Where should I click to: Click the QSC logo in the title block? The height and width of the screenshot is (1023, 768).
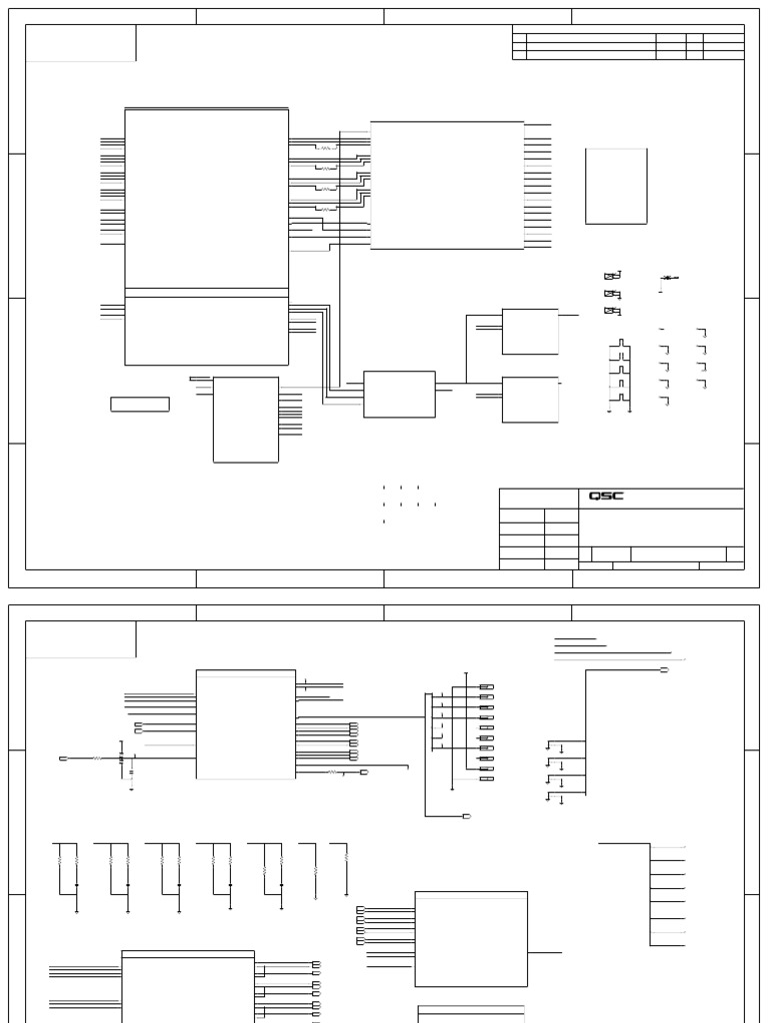[x=605, y=497]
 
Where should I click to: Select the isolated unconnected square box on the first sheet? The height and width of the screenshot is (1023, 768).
[x=616, y=186]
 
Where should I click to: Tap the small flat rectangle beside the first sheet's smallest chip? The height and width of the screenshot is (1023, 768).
[x=140, y=404]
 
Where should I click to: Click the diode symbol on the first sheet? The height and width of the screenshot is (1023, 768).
[x=669, y=278]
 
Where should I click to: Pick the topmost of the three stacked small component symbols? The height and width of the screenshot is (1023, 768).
[x=612, y=276]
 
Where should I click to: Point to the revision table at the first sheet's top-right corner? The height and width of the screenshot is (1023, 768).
[x=628, y=47]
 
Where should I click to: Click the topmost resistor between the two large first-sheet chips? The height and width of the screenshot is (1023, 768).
[x=326, y=148]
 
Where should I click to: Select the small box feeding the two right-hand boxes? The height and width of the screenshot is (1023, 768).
[x=399, y=394]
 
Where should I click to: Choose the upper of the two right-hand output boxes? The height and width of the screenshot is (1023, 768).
[x=530, y=332]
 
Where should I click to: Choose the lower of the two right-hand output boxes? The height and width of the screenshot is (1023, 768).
[x=530, y=400]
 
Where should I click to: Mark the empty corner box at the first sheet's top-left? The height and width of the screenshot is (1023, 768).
[x=81, y=43]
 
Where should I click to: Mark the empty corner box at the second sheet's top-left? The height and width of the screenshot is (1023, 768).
[x=81, y=639]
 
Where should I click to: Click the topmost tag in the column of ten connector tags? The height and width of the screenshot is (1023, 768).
[x=487, y=687]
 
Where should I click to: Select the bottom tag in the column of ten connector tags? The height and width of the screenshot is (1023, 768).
[x=487, y=778]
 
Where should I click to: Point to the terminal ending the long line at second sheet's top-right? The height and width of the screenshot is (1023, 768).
[x=664, y=670]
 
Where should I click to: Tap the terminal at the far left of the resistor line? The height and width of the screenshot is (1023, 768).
[x=63, y=759]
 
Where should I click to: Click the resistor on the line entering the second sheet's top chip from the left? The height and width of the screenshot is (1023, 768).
[x=97, y=759]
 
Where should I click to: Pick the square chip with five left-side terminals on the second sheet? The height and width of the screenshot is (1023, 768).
[x=470, y=938]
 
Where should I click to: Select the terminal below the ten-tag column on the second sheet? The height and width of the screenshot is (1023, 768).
[x=466, y=816]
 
